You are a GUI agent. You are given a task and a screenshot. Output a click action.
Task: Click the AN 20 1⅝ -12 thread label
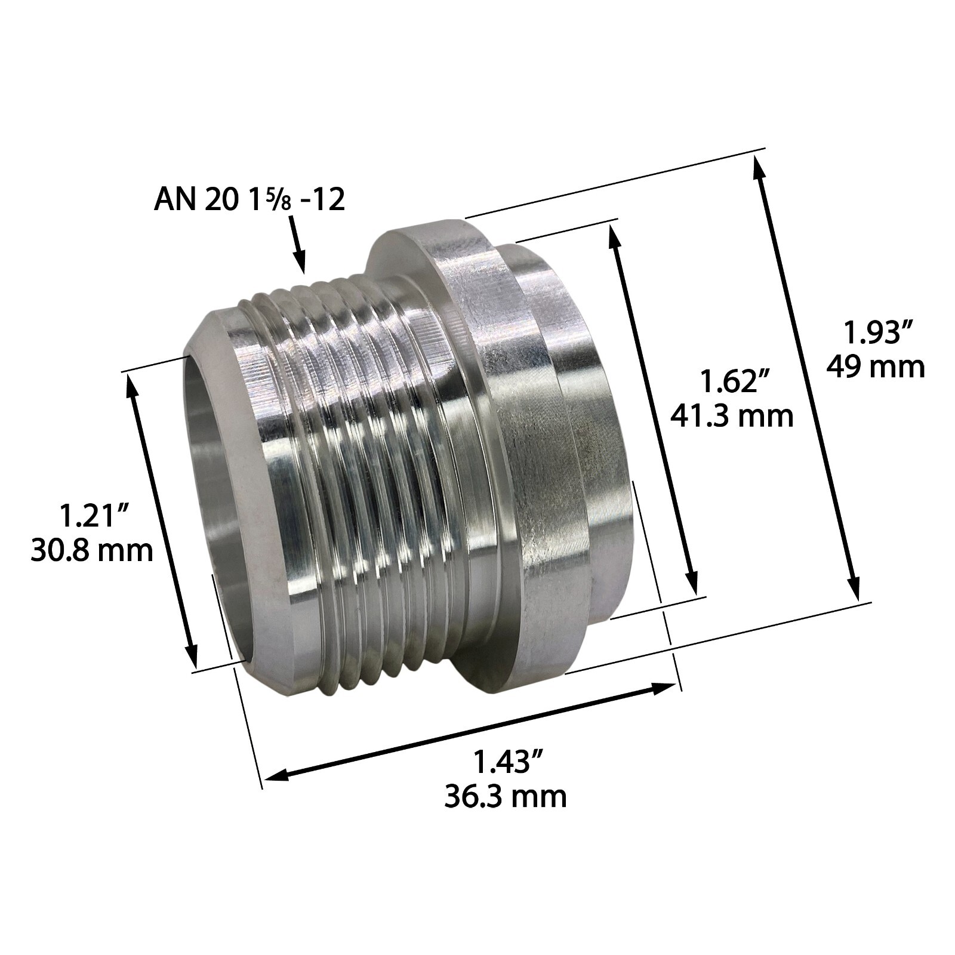click(249, 199)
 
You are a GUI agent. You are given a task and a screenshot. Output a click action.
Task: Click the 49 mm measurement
click(875, 367)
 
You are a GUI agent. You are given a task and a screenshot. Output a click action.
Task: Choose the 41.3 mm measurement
click(732, 415)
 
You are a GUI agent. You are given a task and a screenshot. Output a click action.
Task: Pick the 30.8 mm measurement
click(93, 550)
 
